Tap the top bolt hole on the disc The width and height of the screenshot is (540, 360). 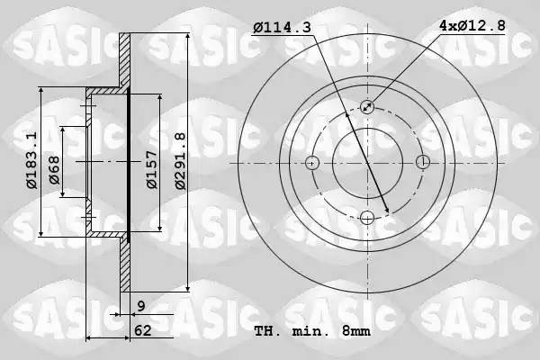367,107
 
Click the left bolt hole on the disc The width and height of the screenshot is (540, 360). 312,163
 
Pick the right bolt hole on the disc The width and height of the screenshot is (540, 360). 423,163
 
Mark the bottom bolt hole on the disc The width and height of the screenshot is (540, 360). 367,217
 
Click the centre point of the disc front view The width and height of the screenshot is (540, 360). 367,163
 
